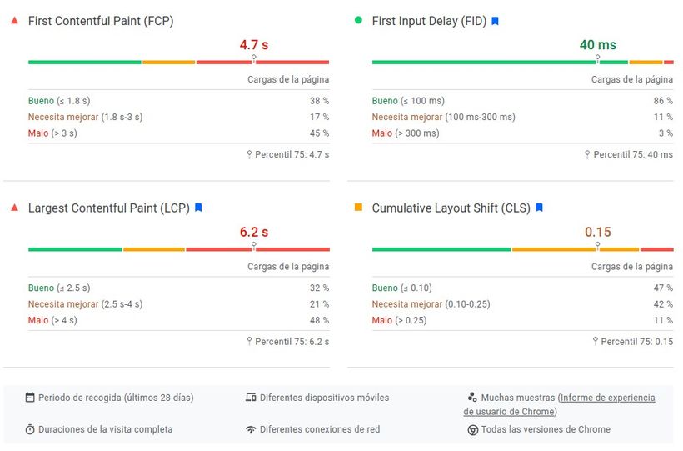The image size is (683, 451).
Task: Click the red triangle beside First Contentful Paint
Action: [x=13, y=20]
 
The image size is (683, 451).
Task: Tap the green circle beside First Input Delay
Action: [x=358, y=20]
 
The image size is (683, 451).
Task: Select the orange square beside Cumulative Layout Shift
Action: [x=358, y=207]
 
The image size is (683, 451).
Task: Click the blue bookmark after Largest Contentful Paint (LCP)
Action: [x=198, y=208]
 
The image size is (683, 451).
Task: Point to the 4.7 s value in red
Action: [x=254, y=45]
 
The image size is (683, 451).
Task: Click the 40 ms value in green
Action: [x=598, y=45]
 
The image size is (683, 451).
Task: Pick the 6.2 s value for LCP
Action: [x=254, y=232]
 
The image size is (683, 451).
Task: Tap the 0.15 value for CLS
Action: [x=598, y=232]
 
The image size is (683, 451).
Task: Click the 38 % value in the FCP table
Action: [x=320, y=101]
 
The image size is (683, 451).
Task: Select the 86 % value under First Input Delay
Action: [x=664, y=101]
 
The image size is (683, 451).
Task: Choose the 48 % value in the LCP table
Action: [x=320, y=320]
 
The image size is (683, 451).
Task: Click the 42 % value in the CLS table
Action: [x=664, y=304]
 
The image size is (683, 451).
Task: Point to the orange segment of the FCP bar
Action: [x=168, y=62]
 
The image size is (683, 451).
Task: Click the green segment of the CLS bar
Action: [x=441, y=248]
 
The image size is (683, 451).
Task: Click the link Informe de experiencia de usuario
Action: [x=606, y=398]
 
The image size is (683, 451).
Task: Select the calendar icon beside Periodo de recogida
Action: [x=30, y=398]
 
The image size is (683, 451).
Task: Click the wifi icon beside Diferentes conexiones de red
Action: [x=251, y=430]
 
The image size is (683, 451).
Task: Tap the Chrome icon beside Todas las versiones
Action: [x=472, y=430]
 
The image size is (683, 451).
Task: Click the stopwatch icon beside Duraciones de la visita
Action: [x=30, y=430]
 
